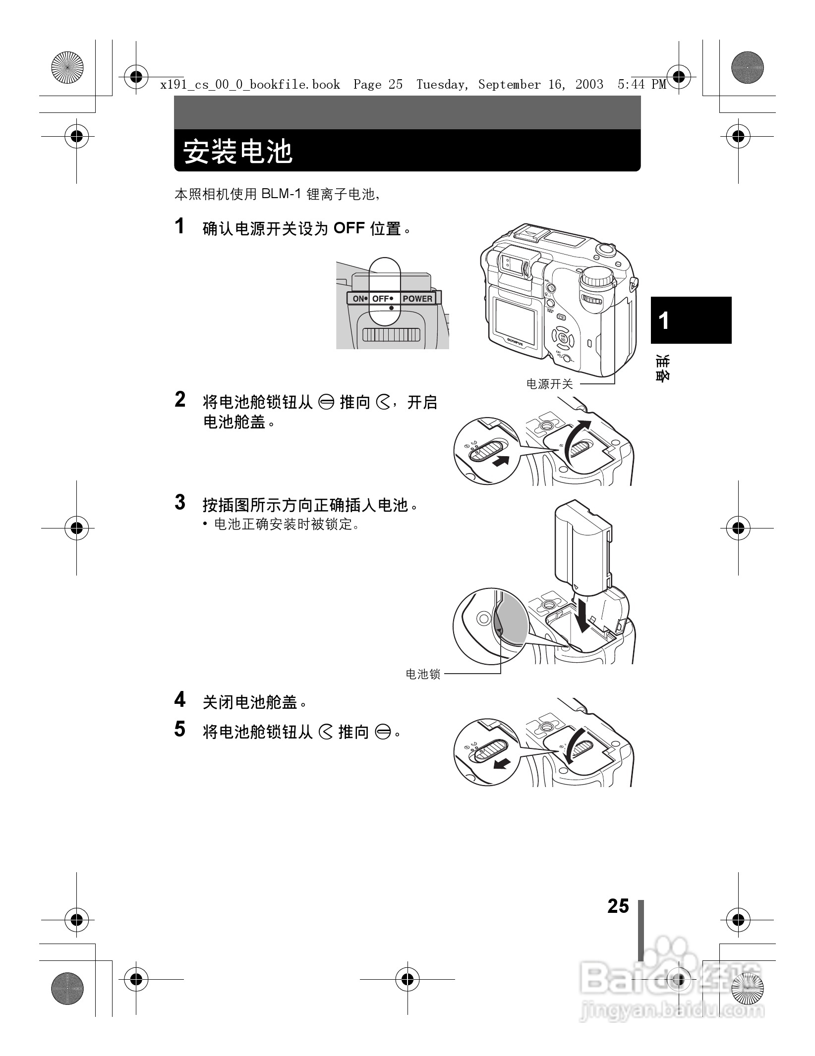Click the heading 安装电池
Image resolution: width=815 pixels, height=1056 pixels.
[238, 152]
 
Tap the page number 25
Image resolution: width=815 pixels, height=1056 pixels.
[618, 906]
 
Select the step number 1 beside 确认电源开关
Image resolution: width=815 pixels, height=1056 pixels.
[180, 226]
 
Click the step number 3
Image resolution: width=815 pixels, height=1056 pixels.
[180, 502]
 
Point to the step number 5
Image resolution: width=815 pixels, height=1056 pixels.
[180, 729]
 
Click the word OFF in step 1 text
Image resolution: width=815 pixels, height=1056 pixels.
[349, 229]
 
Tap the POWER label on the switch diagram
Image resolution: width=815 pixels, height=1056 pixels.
[417, 299]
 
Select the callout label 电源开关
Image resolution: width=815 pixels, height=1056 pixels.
[549, 384]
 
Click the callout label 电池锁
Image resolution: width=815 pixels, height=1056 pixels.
[423, 674]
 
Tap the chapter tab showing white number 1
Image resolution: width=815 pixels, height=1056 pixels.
[691, 320]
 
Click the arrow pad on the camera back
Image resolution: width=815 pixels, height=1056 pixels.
[563, 339]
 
